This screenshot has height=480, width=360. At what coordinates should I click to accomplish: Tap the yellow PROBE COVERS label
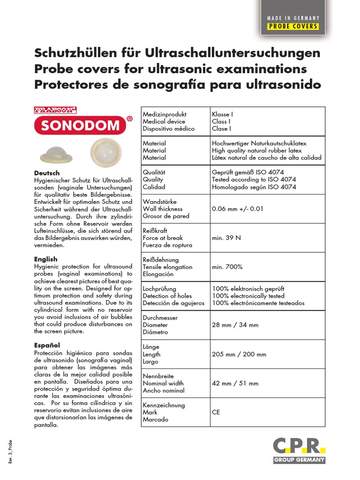tap(293, 26)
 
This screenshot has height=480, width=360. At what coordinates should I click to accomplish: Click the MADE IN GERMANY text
tap(293, 18)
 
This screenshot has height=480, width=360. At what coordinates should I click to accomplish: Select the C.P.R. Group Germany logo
tap(299, 450)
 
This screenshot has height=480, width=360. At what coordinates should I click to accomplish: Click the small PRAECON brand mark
tap(55, 110)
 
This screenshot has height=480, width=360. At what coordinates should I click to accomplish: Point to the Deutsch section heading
tap(47, 173)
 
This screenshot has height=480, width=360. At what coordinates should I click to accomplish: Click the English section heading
tap(46, 259)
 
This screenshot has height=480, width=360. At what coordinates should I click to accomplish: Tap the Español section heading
tap(47, 345)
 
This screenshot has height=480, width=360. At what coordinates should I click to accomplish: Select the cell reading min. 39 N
tap(226, 238)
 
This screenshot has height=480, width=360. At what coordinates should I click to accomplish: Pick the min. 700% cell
tap(227, 267)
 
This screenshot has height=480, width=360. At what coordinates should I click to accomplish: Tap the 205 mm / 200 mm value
tap(239, 354)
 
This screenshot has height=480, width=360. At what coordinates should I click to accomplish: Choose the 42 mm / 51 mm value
tap(235, 383)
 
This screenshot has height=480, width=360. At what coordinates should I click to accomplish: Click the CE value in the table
tap(216, 412)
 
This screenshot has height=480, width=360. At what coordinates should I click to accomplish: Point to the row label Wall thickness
tap(163, 209)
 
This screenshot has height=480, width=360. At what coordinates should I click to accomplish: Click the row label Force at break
tap(163, 238)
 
